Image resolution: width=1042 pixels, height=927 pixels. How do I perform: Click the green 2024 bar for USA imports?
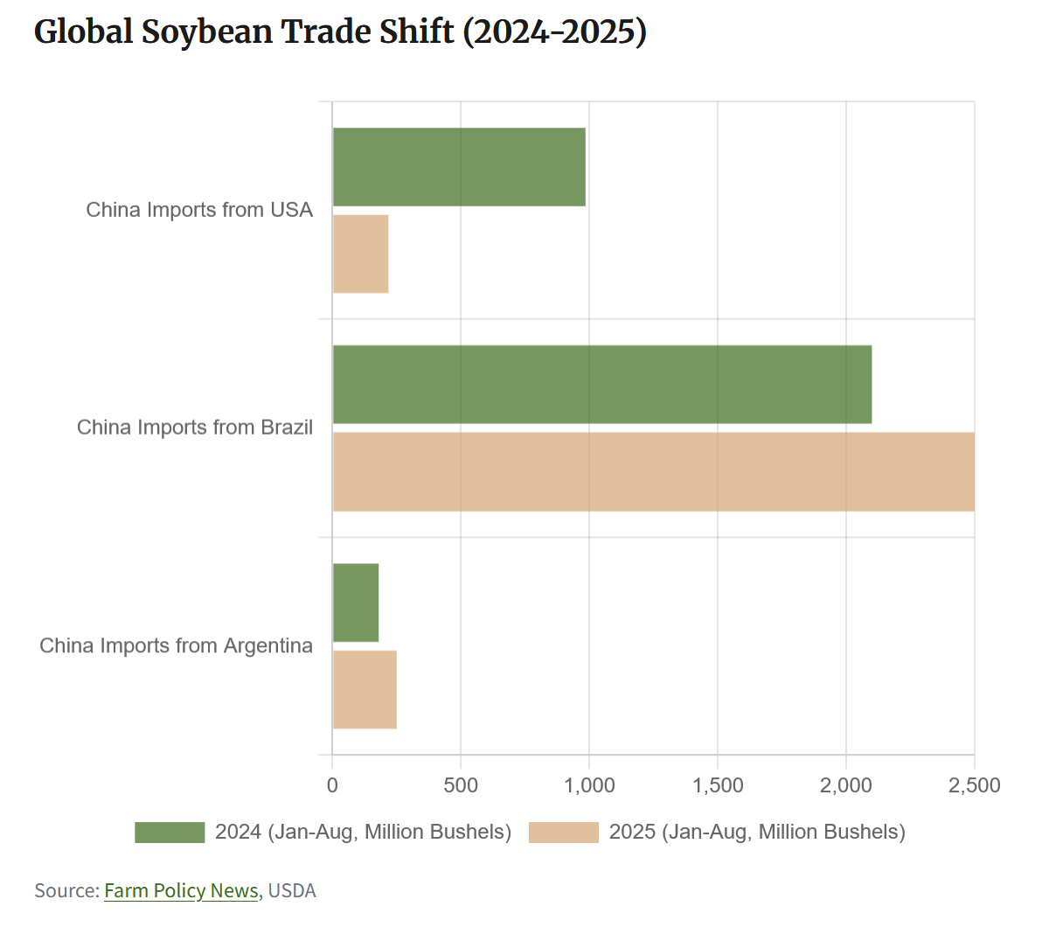(x=459, y=167)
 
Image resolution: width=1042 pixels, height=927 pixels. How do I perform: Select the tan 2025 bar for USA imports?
(x=360, y=254)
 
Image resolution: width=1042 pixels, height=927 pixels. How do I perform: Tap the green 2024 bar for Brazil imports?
(x=601, y=385)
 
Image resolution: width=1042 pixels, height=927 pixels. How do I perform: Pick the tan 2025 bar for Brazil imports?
(x=653, y=471)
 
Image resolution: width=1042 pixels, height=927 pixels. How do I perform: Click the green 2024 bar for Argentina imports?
(x=356, y=603)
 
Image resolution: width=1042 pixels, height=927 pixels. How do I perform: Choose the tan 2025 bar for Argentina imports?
(x=365, y=689)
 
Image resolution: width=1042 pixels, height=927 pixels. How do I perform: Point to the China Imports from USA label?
(x=199, y=210)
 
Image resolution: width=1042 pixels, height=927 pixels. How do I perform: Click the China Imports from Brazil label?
(x=195, y=428)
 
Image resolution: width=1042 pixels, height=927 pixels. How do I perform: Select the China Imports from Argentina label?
(x=176, y=645)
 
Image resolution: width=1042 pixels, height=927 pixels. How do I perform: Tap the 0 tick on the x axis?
(x=332, y=785)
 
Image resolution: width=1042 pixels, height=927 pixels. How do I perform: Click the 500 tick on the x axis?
(x=461, y=785)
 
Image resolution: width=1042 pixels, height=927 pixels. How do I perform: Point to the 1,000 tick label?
(x=589, y=785)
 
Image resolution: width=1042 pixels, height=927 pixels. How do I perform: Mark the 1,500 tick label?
(x=718, y=785)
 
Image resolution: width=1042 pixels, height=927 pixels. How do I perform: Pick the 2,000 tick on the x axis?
(x=846, y=785)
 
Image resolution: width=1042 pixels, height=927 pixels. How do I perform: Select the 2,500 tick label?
(x=974, y=785)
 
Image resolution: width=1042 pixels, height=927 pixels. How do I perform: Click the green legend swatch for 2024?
(x=170, y=832)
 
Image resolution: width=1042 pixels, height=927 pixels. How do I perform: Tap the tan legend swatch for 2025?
(x=564, y=832)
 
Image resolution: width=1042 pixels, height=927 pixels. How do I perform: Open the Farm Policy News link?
(x=181, y=890)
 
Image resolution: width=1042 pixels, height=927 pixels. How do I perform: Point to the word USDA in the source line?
(x=292, y=890)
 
